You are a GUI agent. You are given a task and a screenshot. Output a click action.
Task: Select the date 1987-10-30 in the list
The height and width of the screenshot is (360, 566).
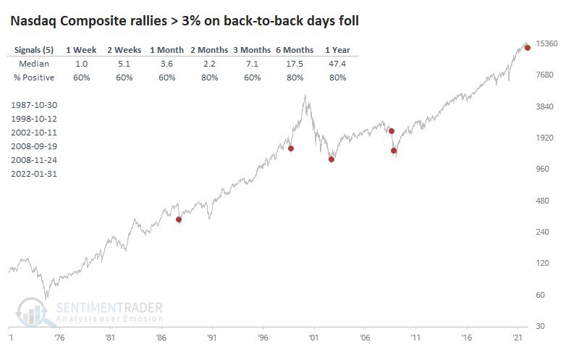point(35,105)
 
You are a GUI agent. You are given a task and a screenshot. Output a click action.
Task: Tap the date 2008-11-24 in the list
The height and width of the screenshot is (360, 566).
point(35,160)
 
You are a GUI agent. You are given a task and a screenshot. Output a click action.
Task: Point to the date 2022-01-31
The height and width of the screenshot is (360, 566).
point(35,174)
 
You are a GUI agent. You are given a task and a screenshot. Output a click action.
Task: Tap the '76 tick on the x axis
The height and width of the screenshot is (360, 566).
point(59,338)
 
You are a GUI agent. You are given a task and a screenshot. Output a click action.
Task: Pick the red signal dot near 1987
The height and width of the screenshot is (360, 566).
point(179,219)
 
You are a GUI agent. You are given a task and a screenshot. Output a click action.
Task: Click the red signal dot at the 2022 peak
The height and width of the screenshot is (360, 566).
point(528,47)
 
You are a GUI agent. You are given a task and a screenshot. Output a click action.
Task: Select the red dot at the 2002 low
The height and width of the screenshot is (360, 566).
point(331,159)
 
